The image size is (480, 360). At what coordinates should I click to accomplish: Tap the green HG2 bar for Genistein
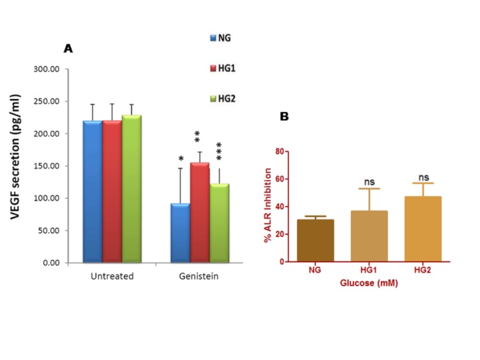click(219, 223)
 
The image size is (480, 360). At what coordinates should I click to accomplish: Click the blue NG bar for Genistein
click(180, 232)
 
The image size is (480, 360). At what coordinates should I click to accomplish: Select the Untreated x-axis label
click(112, 275)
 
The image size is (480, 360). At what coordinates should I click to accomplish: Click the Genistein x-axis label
click(200, 275)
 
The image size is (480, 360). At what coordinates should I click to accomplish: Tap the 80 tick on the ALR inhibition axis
click(280, 151)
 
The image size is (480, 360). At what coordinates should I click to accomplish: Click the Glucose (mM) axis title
click(369, 282)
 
